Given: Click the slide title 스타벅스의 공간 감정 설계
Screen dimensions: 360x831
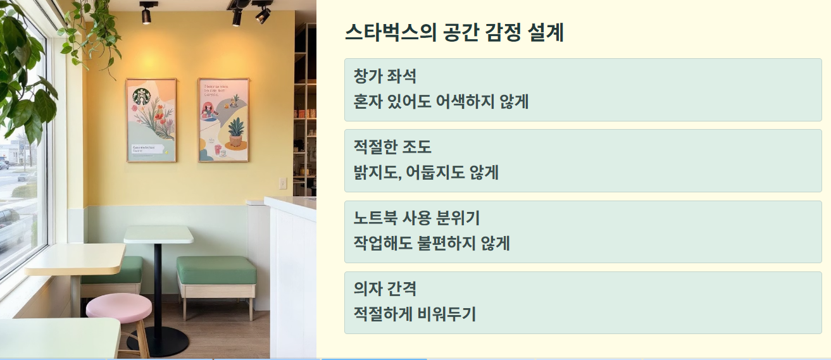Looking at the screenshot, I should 454,32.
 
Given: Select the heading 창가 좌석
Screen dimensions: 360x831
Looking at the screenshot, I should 385,77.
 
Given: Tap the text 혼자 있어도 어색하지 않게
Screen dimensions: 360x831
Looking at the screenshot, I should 441,101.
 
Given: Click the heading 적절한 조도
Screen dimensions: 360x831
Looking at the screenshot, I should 392,147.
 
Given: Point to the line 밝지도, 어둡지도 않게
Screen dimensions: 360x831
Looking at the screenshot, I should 426,172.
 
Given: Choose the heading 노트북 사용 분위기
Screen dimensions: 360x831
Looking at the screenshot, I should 416,218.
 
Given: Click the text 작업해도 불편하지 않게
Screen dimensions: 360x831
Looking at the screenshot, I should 432,243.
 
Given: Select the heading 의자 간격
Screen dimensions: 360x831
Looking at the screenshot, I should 385,289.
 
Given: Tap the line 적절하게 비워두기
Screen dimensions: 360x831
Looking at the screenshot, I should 415,314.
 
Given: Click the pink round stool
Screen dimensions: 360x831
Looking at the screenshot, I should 119,307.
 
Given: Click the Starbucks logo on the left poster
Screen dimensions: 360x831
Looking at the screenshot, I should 141,97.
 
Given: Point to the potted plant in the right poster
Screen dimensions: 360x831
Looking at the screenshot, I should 235,131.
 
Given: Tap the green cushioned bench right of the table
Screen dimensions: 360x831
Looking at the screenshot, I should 216,270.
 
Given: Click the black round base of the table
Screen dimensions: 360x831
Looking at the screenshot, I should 158,342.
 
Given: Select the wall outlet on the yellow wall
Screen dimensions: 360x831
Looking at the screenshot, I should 283,183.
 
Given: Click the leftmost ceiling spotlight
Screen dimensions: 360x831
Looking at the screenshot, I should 146,14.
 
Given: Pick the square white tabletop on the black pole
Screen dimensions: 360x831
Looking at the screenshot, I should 158,234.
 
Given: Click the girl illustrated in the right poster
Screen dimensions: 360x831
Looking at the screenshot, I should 208,113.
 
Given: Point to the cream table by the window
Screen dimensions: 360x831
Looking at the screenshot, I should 75,259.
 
